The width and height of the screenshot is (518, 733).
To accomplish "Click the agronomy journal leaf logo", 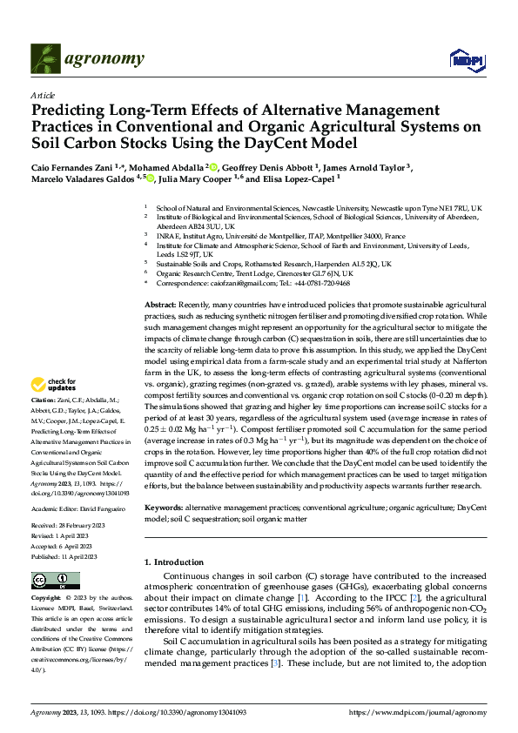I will pos(44,58).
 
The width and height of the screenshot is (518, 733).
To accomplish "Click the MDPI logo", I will pos(463,58).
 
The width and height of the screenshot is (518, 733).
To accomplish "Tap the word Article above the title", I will pos(43,95).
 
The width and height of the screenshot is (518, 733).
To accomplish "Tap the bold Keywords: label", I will pos(164,506).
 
